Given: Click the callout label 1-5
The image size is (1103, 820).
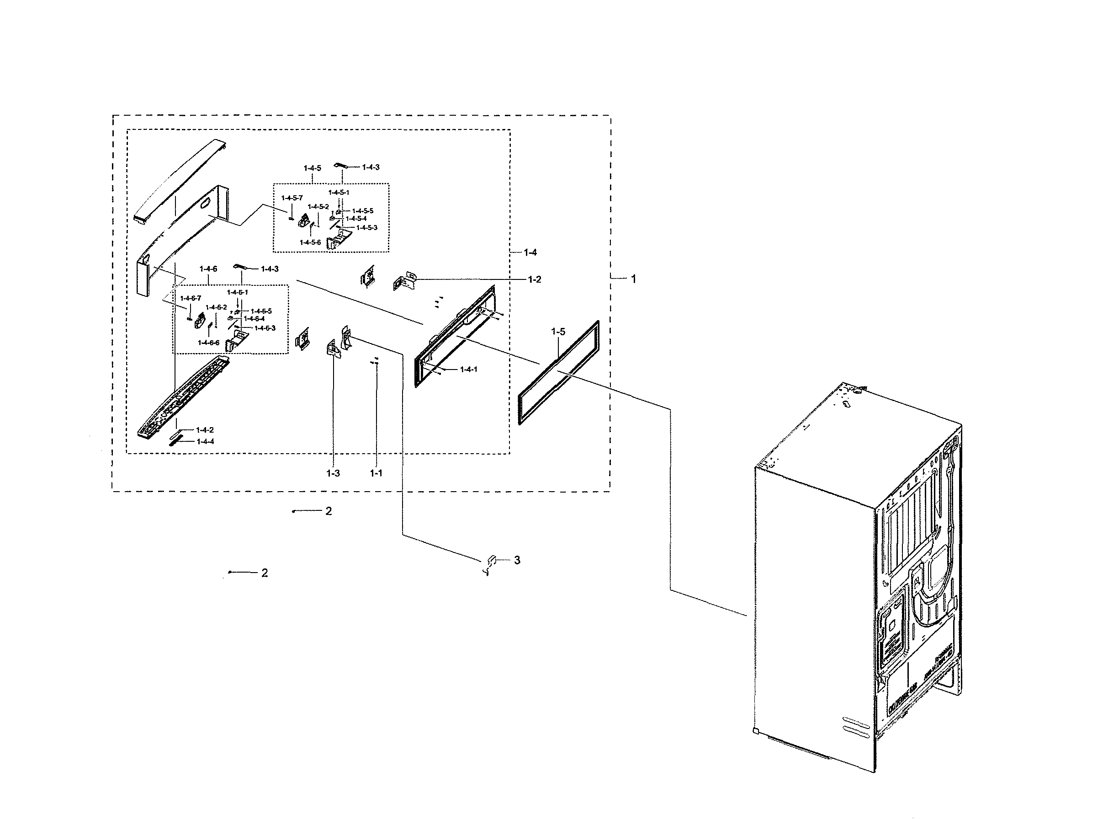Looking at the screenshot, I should coord(558,332).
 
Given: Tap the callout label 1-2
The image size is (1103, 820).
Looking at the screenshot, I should coord(534,279).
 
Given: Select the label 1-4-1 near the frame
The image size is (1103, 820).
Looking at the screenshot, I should coord(468,370).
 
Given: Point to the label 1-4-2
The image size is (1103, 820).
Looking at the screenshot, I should coord(205,430).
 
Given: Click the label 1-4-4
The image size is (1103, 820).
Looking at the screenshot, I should coord(205,441).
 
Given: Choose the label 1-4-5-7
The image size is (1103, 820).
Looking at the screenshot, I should coord(292,198).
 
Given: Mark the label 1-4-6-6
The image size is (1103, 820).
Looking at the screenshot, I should coord(208,343).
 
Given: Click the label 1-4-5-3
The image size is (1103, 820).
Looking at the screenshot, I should coord(366,228).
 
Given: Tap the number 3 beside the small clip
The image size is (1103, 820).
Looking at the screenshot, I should coord(517,560).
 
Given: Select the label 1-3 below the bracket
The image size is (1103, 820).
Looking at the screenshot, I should coord(333,473).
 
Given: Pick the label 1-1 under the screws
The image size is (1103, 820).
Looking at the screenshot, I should coord(376,473).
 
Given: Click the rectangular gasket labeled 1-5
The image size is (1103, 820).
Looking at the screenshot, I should coord(558,373).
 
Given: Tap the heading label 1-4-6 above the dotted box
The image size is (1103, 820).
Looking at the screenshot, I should coord(208,269).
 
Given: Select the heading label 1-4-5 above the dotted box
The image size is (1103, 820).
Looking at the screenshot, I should coord(313,168).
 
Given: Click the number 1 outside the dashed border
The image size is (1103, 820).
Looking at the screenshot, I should coord(633,279).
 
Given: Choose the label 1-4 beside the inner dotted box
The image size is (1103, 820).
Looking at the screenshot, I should coord(530,252).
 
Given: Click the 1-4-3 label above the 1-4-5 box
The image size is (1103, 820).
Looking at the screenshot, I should coord(371,167).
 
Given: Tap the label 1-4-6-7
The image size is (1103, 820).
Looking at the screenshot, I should coord(191,298).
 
